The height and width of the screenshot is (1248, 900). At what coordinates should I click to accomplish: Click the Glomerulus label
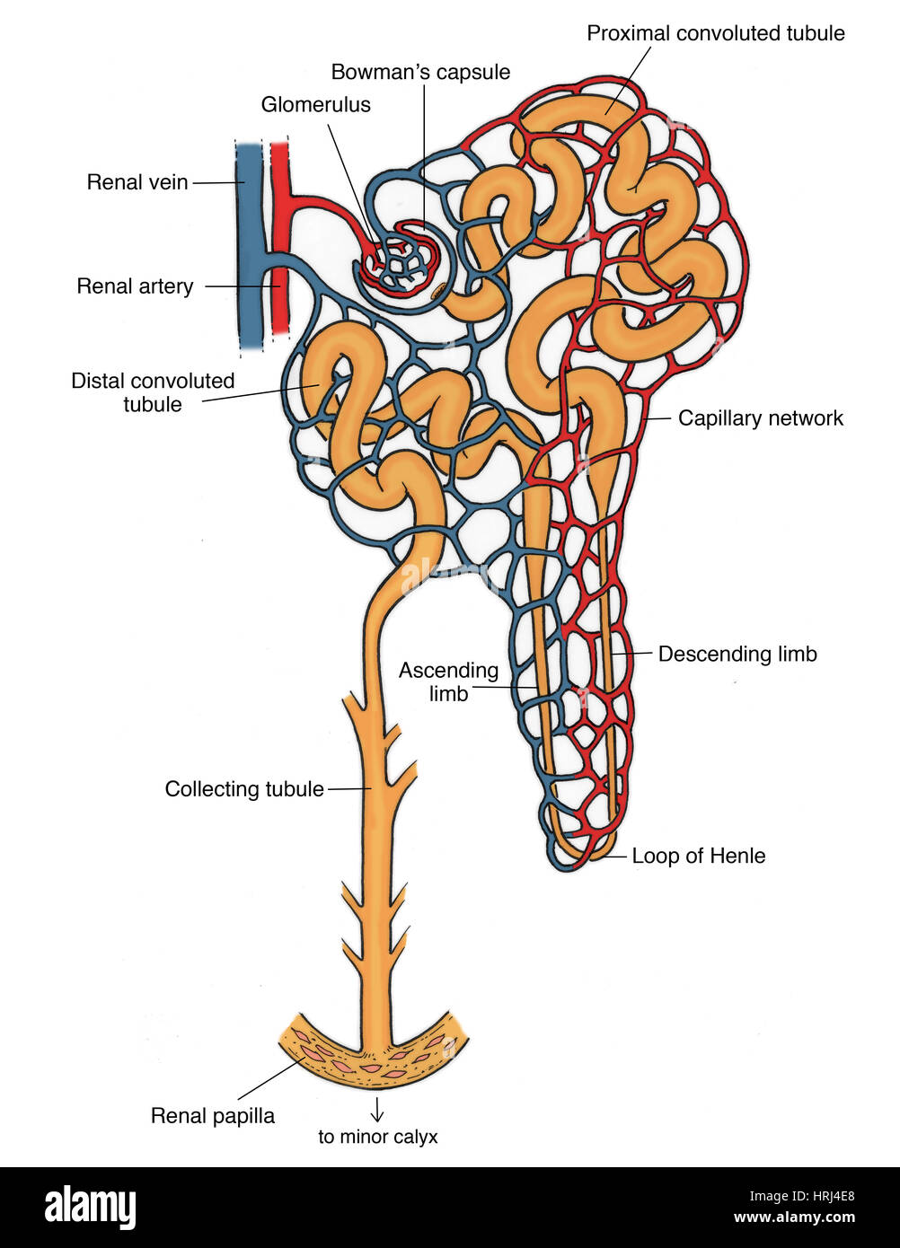(315, 105)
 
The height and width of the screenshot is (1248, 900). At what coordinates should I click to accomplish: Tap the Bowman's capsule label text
(420, 72)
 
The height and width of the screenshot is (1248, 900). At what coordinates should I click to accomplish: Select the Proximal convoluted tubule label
(715, 33)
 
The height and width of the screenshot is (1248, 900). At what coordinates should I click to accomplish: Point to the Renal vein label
(137, 182)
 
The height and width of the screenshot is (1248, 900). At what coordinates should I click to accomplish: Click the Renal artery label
(135, 286)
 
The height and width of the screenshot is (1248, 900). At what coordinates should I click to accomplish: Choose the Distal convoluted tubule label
(153, 392)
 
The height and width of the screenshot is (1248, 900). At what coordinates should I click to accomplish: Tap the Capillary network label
(760, 417)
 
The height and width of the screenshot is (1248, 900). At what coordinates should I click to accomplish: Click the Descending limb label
(737, 654)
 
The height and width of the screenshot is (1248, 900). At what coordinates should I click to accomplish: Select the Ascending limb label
(448, 681)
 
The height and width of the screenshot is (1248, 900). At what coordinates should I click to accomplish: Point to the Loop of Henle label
(698, 856)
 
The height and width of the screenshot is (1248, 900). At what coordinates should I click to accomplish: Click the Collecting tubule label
(243, 789)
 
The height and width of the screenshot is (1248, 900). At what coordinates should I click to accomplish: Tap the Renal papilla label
(213, 1116)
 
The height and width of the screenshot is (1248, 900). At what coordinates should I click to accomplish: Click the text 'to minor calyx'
(377, 1137)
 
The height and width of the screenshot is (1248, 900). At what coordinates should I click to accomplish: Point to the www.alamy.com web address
(794, 1218)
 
